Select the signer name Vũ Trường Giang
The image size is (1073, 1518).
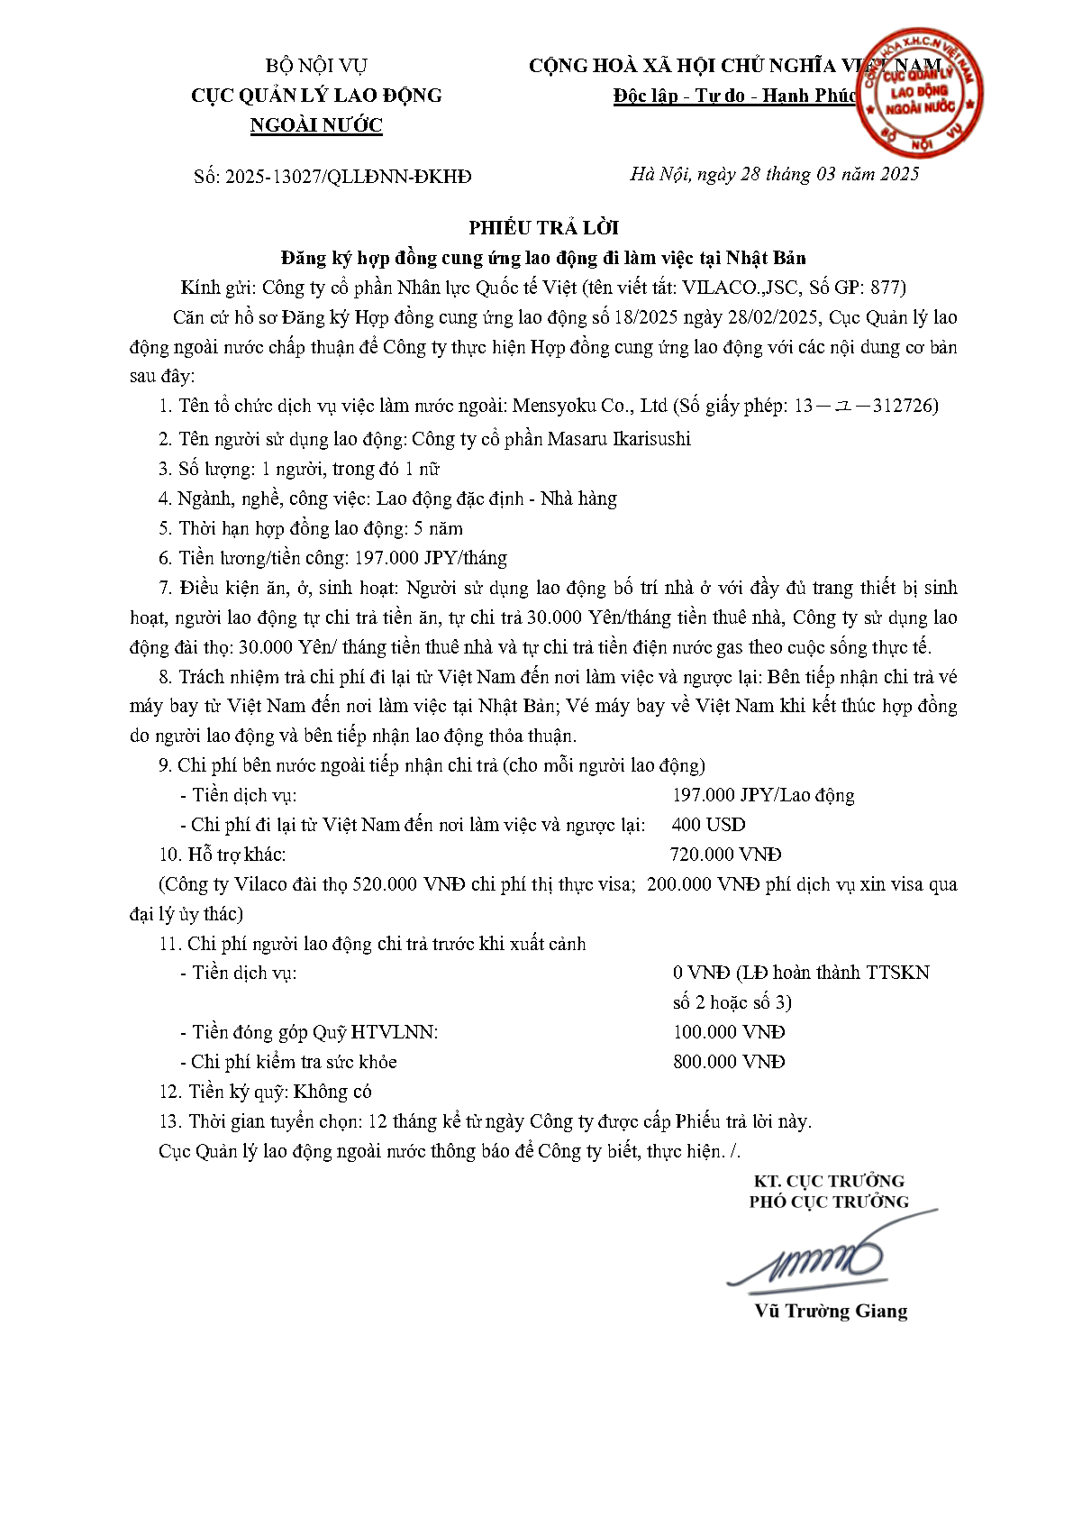830,1311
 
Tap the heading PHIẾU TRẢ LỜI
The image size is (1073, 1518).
543,227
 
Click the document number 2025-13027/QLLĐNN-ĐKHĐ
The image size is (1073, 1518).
348,177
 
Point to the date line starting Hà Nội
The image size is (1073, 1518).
774,174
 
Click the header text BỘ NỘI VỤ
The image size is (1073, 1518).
316,66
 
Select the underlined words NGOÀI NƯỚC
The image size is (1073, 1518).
316,125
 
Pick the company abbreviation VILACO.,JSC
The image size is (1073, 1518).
739,288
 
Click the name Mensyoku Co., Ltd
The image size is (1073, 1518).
589,406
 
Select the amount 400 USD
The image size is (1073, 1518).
708,825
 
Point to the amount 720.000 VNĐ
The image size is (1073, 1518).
725,855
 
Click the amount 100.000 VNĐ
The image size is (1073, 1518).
728,1032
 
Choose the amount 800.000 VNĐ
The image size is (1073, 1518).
728,1062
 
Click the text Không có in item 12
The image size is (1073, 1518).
332,1092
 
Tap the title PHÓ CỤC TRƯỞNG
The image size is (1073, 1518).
828,1202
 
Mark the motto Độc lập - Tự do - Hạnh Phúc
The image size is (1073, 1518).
734,96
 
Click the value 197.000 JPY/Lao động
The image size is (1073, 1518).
762,795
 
